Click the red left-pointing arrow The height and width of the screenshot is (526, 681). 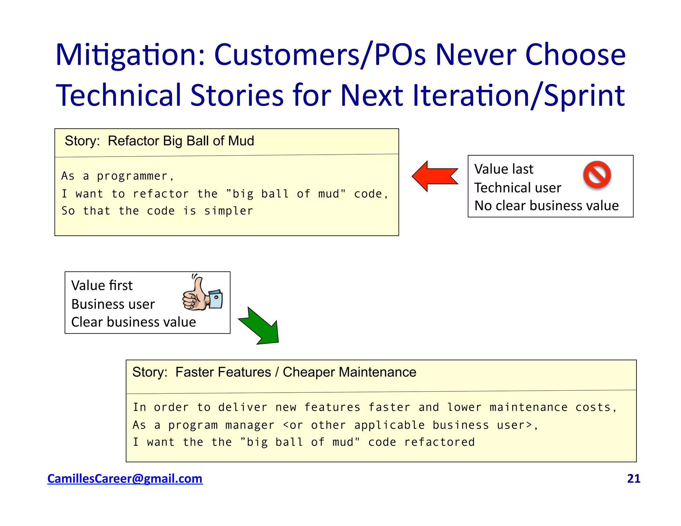click(x=434, y=176)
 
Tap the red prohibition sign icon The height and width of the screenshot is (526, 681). click(x=597, y=175)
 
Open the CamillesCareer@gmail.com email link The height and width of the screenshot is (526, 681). click(x=125, y=478)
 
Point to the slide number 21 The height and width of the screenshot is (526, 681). click(x=633, y=478)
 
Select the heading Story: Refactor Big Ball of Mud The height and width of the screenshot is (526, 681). click(x=159, y=141)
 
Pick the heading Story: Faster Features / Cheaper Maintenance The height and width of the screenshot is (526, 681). click(x=274, y=372)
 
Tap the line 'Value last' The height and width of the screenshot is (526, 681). click(x=503, y=169)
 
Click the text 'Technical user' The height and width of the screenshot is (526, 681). click(x=517, y=188)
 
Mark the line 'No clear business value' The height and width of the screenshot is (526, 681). click(x=546, y=206)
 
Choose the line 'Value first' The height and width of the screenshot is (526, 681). click(x=102, y=286)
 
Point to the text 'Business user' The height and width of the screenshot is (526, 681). click(x=113, y=304)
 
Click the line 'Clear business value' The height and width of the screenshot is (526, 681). click(x=133, y=322)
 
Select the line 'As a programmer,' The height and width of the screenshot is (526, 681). click(x=118, y=176)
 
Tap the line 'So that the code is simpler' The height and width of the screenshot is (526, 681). click(x=157, y=211)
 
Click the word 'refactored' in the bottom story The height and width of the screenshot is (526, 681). click(x=439, y=442)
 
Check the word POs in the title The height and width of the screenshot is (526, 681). click(x=400, y=55)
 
